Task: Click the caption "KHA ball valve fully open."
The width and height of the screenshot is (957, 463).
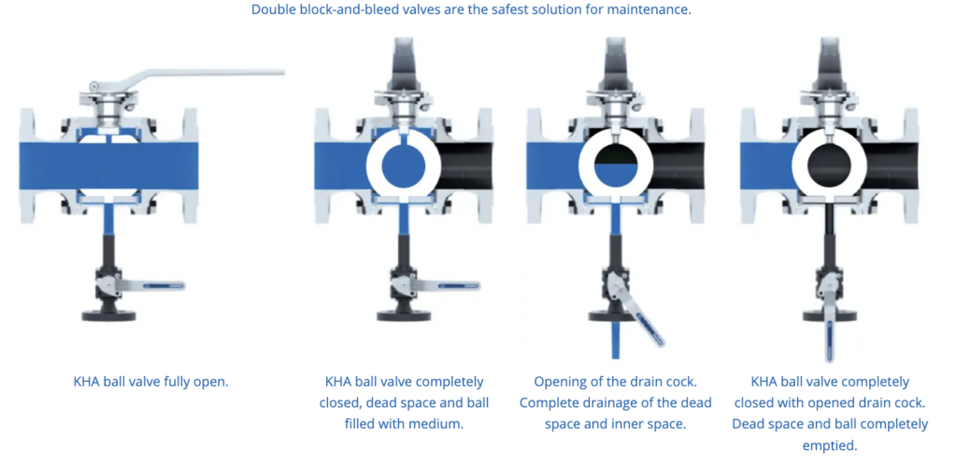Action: pos(150,383)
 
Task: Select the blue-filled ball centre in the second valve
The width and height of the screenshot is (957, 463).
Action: pos(403,166)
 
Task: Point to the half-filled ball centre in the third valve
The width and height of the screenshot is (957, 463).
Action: pos(615,166)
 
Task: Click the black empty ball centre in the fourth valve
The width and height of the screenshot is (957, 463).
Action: pos(829,166)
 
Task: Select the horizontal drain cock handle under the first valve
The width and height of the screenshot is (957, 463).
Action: pos(156,285)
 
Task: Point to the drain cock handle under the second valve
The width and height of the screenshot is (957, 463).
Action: pos(451,285)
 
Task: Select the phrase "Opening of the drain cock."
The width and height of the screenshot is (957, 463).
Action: pos(615,383)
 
